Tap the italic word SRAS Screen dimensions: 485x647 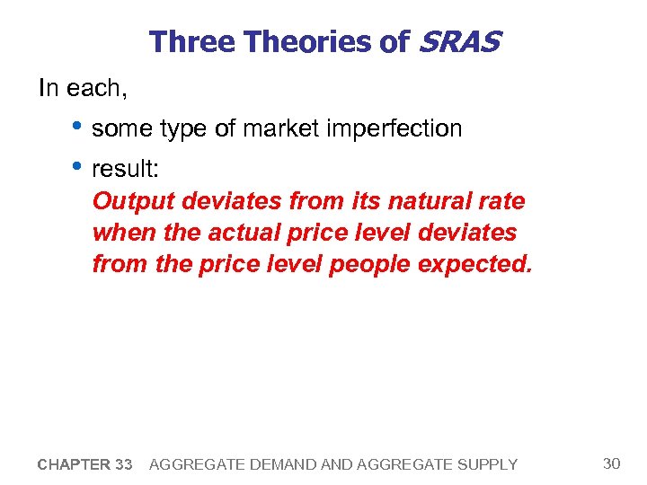coord(456,41)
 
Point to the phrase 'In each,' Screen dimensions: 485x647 coord(79,88)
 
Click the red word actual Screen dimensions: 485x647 coord(243,233)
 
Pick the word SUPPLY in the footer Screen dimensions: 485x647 coord(489,464)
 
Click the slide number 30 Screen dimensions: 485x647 coord(611,463)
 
